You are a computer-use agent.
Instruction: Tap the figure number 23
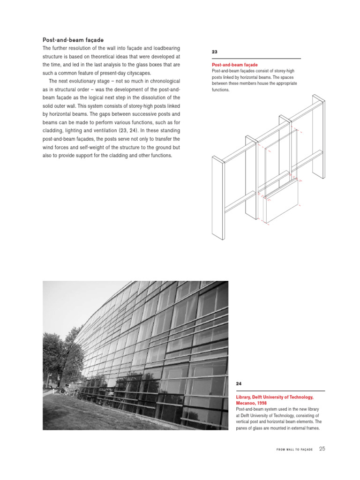tap(215, 52)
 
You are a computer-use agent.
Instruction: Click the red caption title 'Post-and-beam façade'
tap(235, 65)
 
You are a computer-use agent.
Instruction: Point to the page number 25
tap(322, 449)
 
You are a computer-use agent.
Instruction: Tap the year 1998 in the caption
tap(269, 403)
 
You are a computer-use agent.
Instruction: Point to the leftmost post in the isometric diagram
tap(218, 197)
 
